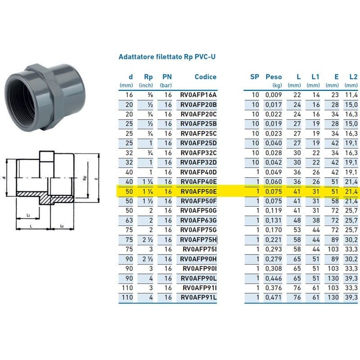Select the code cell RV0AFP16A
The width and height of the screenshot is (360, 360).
point(198,95)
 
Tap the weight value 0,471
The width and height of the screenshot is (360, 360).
point(274,297)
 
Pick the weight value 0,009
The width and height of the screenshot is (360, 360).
point(274,95)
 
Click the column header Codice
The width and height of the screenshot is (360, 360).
point(205,77)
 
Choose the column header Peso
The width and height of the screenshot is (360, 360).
point(274,77)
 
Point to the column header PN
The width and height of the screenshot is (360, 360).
point(167,77)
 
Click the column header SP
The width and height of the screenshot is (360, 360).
point(255,77)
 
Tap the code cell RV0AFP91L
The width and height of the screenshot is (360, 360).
point(198,297)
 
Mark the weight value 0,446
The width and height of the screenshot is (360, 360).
point(274,278)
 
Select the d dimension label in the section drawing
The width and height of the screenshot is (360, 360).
point(4,178)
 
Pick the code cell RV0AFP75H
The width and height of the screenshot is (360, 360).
point(198,240)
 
